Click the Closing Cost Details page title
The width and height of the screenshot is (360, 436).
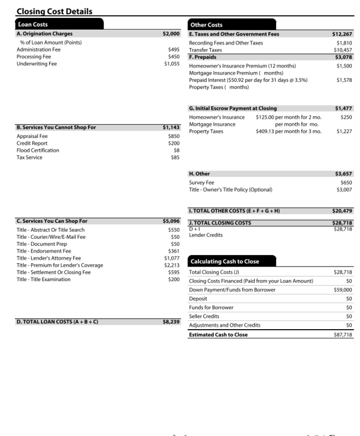[54, 11]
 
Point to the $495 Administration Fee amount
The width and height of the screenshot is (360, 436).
[174, 50]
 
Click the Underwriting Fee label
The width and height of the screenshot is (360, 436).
[37, 64]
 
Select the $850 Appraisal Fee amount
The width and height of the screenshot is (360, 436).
[173, 136]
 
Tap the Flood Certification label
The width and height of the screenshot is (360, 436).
[38, 150]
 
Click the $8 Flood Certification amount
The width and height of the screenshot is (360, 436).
[176, 150]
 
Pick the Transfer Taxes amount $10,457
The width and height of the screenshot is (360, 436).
[341, 50]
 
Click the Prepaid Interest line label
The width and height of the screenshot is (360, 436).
[248, 80]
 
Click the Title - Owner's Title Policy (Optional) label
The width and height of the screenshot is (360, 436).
[230, 190]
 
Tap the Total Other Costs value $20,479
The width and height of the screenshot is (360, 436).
[342, 210]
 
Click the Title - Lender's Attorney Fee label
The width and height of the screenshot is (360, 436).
[49, 258]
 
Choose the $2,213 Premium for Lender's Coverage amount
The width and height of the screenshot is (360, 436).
[172, 265]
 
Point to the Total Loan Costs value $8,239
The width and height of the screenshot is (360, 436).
[171, 322]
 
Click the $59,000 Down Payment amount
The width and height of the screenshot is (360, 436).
[343, 290]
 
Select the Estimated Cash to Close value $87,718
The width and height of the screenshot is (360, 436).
[343, 335]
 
